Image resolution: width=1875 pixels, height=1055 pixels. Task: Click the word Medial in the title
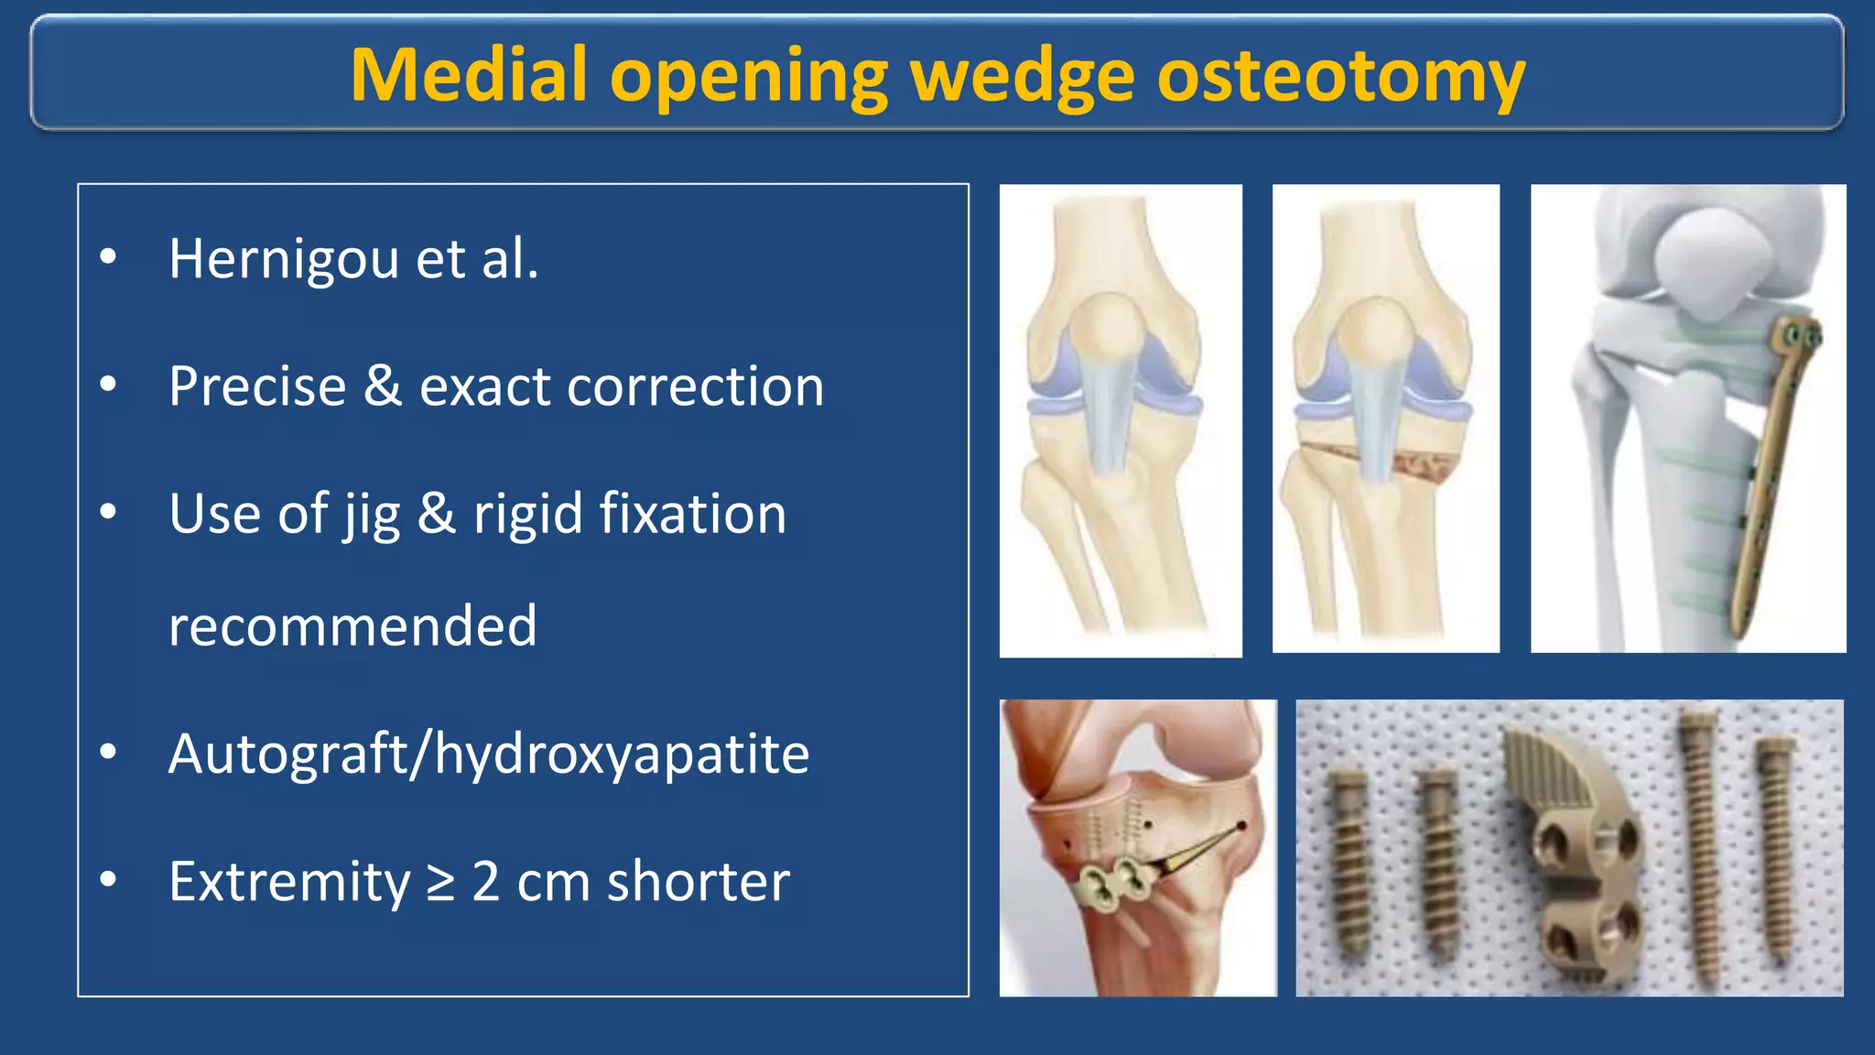click(468, 75)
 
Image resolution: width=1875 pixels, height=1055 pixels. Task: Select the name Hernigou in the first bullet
click(284, 259)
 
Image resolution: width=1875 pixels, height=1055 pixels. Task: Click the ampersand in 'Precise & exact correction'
click(383, 386)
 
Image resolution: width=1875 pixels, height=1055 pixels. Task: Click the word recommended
click(352, 626)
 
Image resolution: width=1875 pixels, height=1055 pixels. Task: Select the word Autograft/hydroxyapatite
click(489, 755)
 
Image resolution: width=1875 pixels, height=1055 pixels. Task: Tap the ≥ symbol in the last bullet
click(441, 883)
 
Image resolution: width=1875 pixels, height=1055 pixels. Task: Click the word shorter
click(698, 882)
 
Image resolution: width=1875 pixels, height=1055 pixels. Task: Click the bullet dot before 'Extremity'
click(108, 880)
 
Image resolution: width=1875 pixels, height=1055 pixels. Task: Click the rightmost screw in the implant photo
click(1774, 850)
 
